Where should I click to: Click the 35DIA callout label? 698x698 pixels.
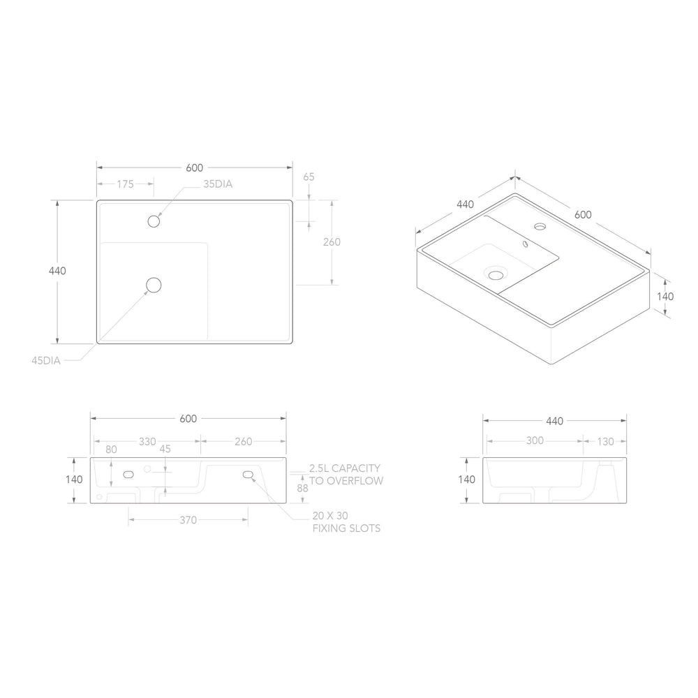[x=218, y=184]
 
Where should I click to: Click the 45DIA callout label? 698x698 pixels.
[x=46, y=361]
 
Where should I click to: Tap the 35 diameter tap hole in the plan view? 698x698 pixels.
[x=154, y=221]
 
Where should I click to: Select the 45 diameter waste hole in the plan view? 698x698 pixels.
[x=154, y=285]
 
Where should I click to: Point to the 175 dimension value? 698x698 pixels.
[x=126, y=184]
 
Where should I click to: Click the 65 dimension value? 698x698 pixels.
[x=309, y=177]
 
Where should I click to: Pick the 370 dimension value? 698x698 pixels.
[x=188, y=520]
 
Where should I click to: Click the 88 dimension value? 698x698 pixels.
[x=303, y=488]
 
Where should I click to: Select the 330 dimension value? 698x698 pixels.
[x=147, y=442]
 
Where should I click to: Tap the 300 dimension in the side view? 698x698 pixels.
[x=535, y=440]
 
